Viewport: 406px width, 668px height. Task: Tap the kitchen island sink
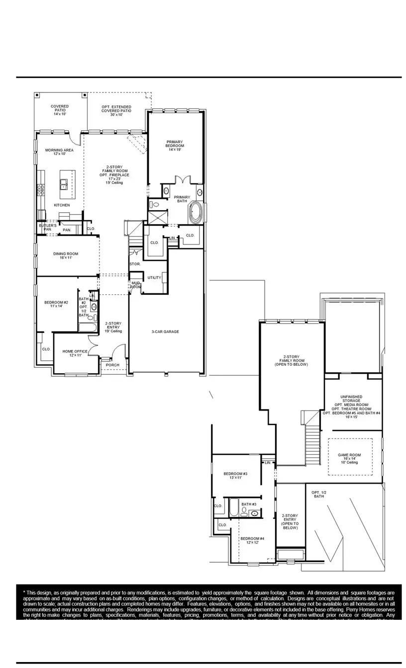65,185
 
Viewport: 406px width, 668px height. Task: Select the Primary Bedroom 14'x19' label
175,144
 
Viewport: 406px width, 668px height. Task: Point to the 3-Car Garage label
165,332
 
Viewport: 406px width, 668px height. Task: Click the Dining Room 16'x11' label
66,256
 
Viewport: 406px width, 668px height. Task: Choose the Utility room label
154,277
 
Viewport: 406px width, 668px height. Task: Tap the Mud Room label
136,285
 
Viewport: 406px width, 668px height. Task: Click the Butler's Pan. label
48,227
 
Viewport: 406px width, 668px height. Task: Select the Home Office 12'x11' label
75,353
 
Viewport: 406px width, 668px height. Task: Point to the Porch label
113,365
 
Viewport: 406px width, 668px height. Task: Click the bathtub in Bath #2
89,328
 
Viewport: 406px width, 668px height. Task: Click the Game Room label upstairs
349,458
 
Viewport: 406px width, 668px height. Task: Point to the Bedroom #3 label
235,476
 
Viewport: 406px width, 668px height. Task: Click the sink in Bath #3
255,513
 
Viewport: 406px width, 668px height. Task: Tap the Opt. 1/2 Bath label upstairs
319,495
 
